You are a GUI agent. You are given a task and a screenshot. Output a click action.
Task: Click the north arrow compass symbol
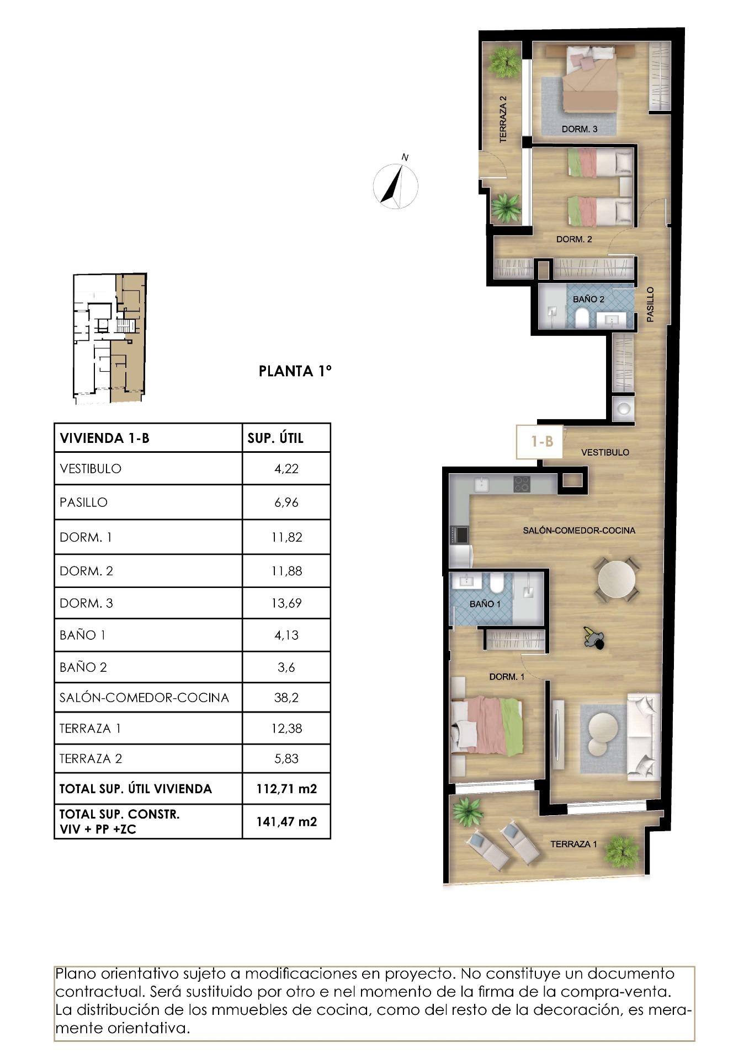(x=395, y=185)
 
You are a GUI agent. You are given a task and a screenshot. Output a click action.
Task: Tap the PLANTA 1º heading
(x=295, y=371)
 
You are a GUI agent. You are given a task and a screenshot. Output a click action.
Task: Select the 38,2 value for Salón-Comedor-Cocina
(x=286, y=697)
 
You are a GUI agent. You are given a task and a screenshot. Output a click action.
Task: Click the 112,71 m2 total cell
(x=286, y=788)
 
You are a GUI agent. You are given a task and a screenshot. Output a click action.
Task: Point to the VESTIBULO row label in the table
(x=91, y=469)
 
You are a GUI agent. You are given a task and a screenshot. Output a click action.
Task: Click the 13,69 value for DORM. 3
(x=286, y=603)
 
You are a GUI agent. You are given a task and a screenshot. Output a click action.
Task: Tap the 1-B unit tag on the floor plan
(x=541, y=441)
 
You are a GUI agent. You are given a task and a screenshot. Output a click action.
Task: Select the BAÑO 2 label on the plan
(x=588, y=299)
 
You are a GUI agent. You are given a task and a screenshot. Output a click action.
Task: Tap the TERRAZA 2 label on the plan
(x=503, y=120)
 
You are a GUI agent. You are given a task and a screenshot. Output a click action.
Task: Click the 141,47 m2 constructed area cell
(x=286, y=821)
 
